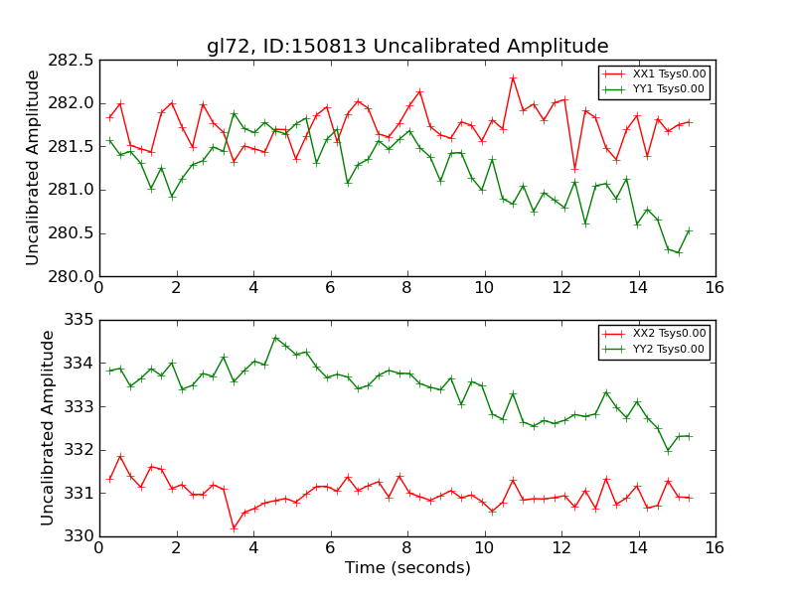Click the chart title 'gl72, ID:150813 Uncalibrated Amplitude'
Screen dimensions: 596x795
pyautogui.click(x=407, y=46)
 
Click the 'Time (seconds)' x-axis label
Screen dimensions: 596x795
pyautogui.click(x=407, y=568)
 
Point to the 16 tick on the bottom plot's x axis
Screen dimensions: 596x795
pyautogui.click(x=715, y=547)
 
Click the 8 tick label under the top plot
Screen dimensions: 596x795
pyautogui.click(x=406, y=288)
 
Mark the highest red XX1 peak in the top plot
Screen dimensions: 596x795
pyautogui.click(x=513, y=77)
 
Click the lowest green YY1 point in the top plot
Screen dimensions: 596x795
pyautogui.click(x=679, y=252)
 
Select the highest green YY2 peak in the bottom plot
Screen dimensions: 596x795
pyautogui.click(x=275, y=338)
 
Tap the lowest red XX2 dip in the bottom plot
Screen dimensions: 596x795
pyautogui.click(x=234, y=527)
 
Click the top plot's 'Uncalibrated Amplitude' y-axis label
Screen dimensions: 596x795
pyautogui.click(x=33, y=167)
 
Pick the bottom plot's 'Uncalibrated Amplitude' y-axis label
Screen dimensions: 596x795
pyautogui.click(x=48, y=427)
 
